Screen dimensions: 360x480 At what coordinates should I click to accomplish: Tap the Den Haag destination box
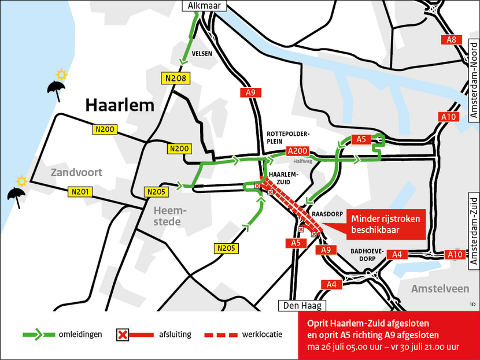302,305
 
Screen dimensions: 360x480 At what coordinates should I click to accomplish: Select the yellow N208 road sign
175,78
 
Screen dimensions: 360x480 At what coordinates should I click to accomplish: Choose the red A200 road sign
298,151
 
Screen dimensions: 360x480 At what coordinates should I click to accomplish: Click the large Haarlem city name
120,105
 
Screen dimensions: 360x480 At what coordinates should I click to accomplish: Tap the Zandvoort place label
76,172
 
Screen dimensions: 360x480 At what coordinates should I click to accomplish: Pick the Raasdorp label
324,213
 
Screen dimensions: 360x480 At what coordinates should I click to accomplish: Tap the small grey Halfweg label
303,162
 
